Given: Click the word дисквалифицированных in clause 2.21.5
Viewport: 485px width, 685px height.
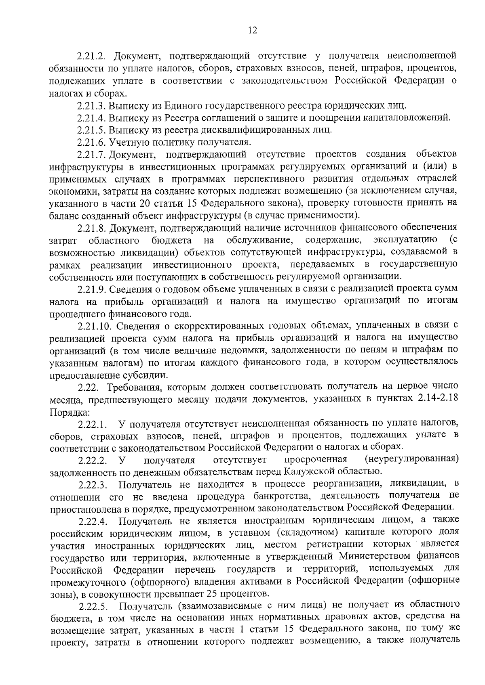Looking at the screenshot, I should coord(244,130).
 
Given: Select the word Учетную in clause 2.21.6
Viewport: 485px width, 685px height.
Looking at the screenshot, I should coord(127,142).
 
